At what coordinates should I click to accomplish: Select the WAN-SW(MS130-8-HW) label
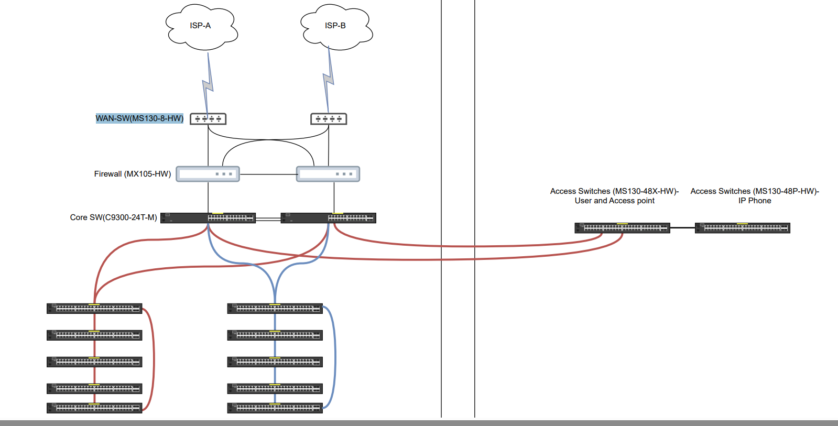tap(139, 118)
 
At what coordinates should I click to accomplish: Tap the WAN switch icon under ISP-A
tap(208, 119)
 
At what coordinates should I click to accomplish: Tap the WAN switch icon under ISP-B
tap(329, 119)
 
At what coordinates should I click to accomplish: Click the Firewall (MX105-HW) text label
tap(132, 174)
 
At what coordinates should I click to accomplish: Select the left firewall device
tap(208, 174)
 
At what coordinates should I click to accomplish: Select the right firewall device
tap(328, 174)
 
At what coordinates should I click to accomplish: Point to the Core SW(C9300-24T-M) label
tap(113, 217)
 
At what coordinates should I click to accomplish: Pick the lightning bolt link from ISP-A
tap(208, 84)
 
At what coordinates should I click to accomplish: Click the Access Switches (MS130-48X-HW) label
tap(614, 191)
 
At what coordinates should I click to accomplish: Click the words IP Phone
tap(755, 201)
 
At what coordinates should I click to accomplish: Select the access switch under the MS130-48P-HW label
tap(742, 228)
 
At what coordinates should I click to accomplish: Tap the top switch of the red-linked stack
tap(94, 309)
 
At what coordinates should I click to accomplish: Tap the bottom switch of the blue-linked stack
tap(275, 408)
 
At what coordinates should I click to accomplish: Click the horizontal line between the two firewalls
tap(268, 174)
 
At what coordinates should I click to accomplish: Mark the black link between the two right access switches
tap(682, 228)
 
